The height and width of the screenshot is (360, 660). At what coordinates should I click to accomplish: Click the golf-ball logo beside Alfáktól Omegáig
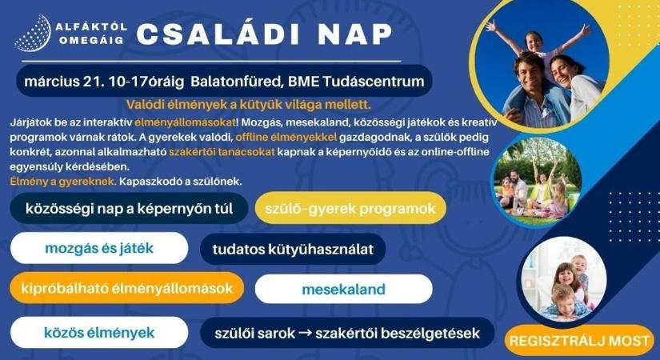(30, 34)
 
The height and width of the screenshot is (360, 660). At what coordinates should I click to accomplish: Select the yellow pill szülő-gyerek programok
(350, 210)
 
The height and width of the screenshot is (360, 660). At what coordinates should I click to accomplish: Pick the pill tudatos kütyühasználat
(293, 249)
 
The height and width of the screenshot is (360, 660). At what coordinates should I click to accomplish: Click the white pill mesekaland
(344, 289)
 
